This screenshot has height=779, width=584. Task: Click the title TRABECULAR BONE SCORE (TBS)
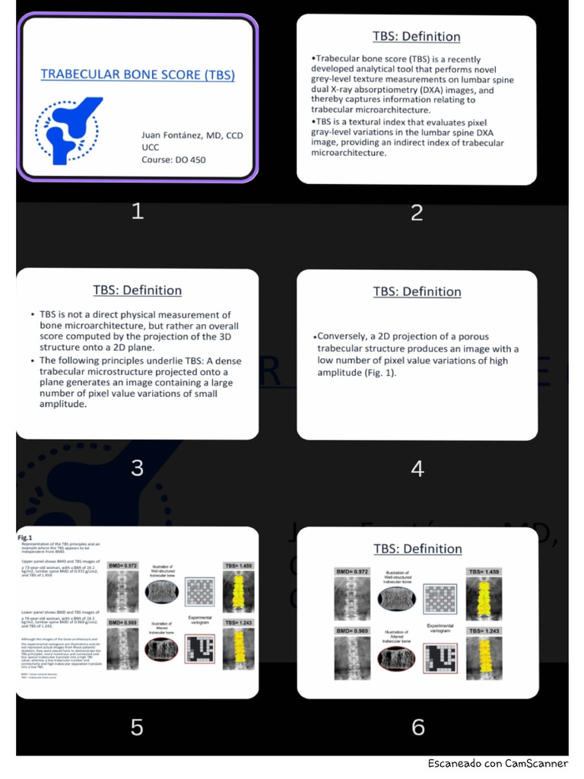(x=138, y=75)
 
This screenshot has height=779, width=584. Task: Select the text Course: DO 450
(x=173, y=160)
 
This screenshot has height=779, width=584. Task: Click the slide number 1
(x=137, y=211)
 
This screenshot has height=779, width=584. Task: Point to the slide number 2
(x=417, y=212)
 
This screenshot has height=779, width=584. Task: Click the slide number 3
(x=137, y=467)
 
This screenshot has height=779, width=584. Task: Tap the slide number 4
(x=417, y=469)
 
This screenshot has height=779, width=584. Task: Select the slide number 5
(x=137, y=727)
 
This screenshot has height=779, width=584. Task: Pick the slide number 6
(x=417, y=727)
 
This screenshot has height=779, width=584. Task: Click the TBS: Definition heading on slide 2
(x=416, y=37)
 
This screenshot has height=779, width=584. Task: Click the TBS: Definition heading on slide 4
(x=417, y=291)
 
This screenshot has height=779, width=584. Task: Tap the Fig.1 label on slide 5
(x=25, y=538)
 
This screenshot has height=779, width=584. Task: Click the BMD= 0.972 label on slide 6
(x=351, y=571)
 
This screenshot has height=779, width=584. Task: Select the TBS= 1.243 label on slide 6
(x=483, y=631)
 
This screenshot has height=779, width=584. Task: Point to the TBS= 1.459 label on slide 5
(x=240, y=566)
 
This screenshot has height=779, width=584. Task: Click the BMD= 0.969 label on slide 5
(x=122, y=622)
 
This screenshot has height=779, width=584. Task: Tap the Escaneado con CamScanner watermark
(x=497, y=763)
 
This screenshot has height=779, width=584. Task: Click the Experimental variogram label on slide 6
(x=440, y=628)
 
